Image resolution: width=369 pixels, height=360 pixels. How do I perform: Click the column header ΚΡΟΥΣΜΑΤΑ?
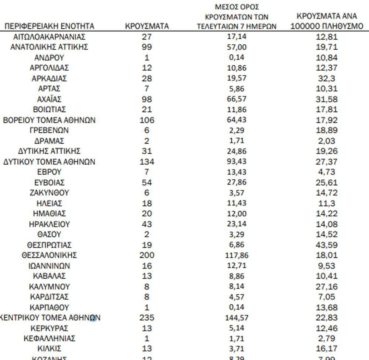(x=146, y=26)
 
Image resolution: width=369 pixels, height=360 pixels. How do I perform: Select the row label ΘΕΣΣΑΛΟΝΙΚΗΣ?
(x=49, y=255)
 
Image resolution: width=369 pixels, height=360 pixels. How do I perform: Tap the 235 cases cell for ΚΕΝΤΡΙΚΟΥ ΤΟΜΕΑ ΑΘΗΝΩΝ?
(x=147, y=318)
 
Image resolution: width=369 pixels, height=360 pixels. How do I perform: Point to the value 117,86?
(x=237, y=255)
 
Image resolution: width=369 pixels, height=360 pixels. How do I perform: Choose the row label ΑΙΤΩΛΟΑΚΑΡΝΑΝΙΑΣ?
(x=49, y=37)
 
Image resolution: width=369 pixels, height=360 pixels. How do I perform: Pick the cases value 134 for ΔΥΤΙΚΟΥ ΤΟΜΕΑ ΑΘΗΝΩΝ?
(x=147, y=162)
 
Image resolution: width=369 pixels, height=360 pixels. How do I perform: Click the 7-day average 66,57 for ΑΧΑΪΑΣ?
(x=237, y=99)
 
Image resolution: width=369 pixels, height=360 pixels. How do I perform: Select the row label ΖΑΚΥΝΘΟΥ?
(x=49, y=193)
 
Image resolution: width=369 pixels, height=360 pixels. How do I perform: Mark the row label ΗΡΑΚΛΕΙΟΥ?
(x=49, y=224)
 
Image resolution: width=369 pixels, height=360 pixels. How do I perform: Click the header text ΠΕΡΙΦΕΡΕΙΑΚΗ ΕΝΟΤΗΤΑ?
(x=49, y=26)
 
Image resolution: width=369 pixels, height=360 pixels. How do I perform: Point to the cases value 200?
(x=147, y=255)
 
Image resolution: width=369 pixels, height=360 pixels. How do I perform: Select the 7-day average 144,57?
(x=237, y=318)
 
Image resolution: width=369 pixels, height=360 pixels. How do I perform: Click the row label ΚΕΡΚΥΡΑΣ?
(x=49, y=328)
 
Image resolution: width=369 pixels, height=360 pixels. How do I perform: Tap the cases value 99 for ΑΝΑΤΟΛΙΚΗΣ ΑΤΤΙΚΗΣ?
(x=147, y=47)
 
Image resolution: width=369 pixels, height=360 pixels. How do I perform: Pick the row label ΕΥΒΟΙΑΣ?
(x=49, y=183)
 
